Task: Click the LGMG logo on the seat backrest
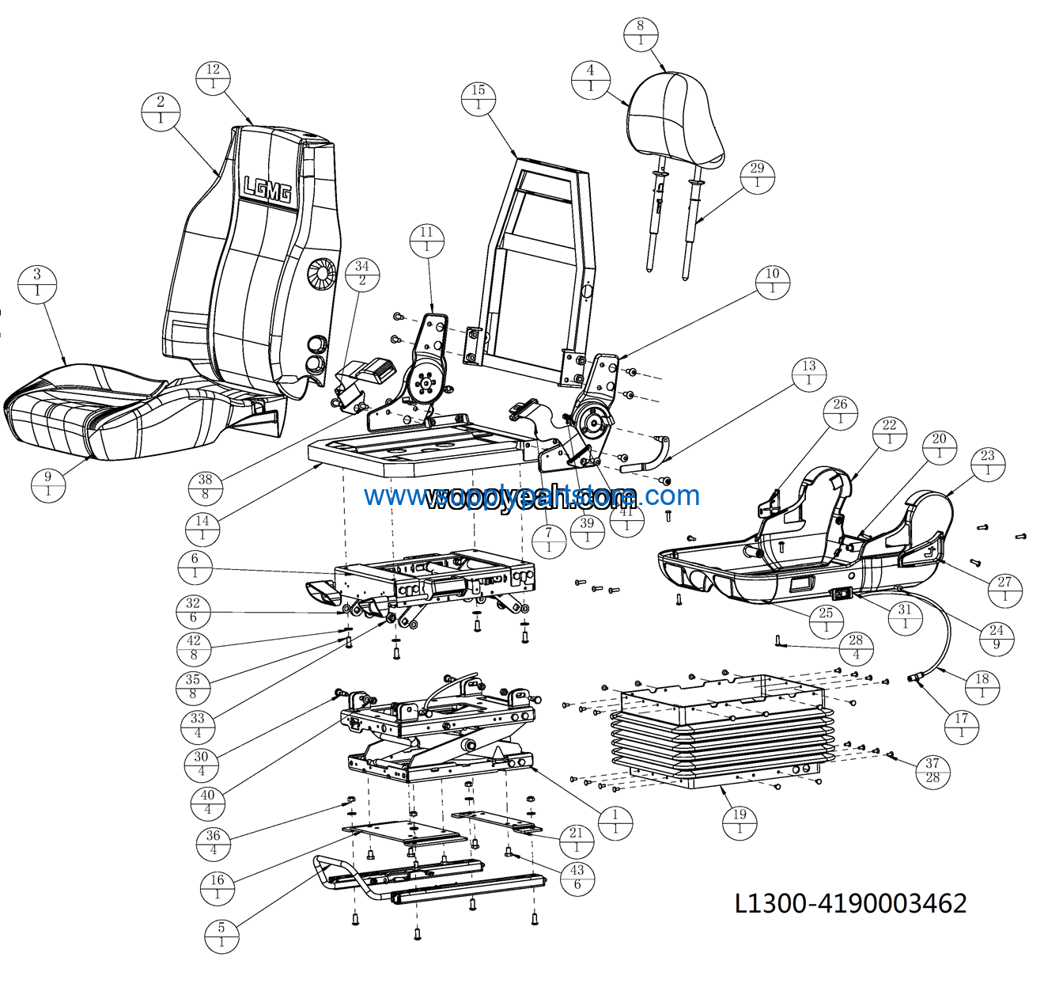267,189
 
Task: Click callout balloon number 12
213,77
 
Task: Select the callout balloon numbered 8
641,32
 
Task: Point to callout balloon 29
757,176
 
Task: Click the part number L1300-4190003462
851,902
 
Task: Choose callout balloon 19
740,822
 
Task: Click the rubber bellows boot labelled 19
720,736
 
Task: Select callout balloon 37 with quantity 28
932,770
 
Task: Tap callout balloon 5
221,935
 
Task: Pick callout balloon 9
48,484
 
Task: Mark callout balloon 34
362,273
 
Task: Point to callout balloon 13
808,373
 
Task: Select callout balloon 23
988,463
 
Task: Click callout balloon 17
962,726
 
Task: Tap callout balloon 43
577,876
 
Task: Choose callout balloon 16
218,887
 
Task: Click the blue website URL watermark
531,496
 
